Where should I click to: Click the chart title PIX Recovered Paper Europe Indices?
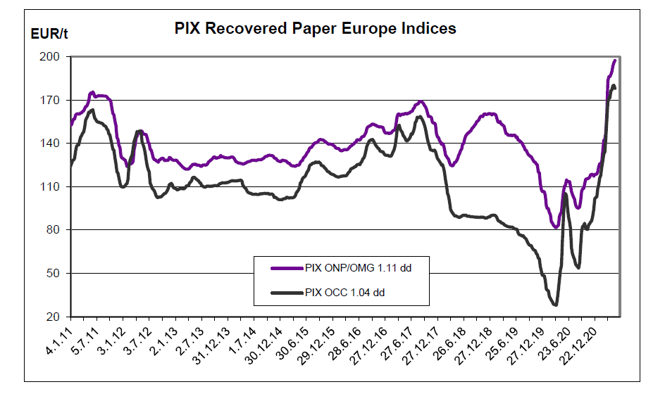tap(315, 28)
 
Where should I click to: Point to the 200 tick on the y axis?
tap(56, 57)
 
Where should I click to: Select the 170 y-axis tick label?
tap(56, 101)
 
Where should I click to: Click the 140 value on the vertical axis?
tap(56, 144)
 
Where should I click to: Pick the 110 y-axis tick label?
tap(56, 187)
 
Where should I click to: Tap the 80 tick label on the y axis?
tap(58, 230)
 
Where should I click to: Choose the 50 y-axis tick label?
tap(58, 274)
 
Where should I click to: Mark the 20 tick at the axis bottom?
tap(58, 317)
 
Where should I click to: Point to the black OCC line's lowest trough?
tap(555, 305)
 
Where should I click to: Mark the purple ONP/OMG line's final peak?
tap(615, 61)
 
